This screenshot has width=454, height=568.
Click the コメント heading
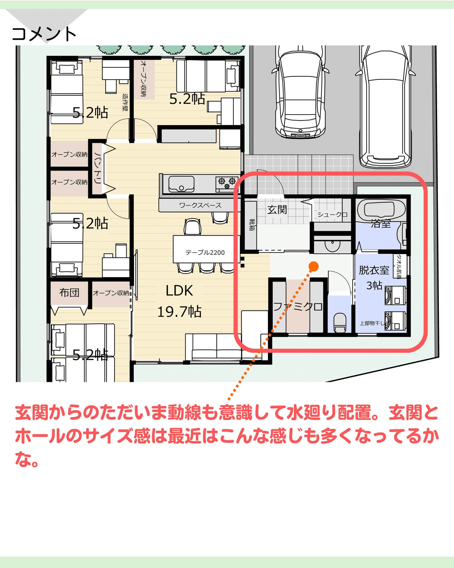(44, 34)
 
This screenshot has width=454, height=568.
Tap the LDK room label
(179, 291)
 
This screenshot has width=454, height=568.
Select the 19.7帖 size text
(179, 312)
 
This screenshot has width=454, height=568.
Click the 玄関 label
(277, 210)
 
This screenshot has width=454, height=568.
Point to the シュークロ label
(332, 215)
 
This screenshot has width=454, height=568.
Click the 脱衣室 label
(374, 270)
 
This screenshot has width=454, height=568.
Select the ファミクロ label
(298, 306)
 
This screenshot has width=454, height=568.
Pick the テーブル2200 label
(205, 252)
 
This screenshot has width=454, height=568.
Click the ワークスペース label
(200, 205)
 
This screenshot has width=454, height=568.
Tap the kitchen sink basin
(181, 184)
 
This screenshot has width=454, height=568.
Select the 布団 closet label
(69, 292)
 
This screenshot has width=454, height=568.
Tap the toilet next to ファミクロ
(340, 322)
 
